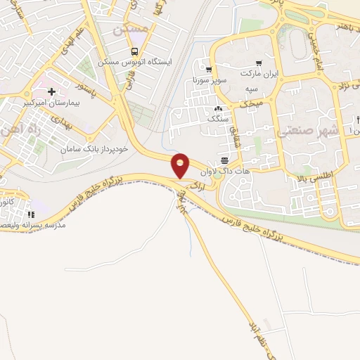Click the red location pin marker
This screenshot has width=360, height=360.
tap(181, 165)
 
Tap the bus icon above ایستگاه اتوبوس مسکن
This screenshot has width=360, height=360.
tap(134, 51)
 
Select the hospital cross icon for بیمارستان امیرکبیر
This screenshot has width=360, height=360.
tap(52, 91)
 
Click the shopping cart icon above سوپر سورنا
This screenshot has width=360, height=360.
tap(209, 69)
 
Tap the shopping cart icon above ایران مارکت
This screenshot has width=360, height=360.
tap(259, 63)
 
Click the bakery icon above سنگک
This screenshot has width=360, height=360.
tap(218, 109)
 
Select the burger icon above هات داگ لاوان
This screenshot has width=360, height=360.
tap(224, 160)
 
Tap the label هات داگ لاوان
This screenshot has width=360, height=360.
tap(216, 171)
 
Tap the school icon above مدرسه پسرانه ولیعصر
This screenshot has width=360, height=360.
tap(30, 214)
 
